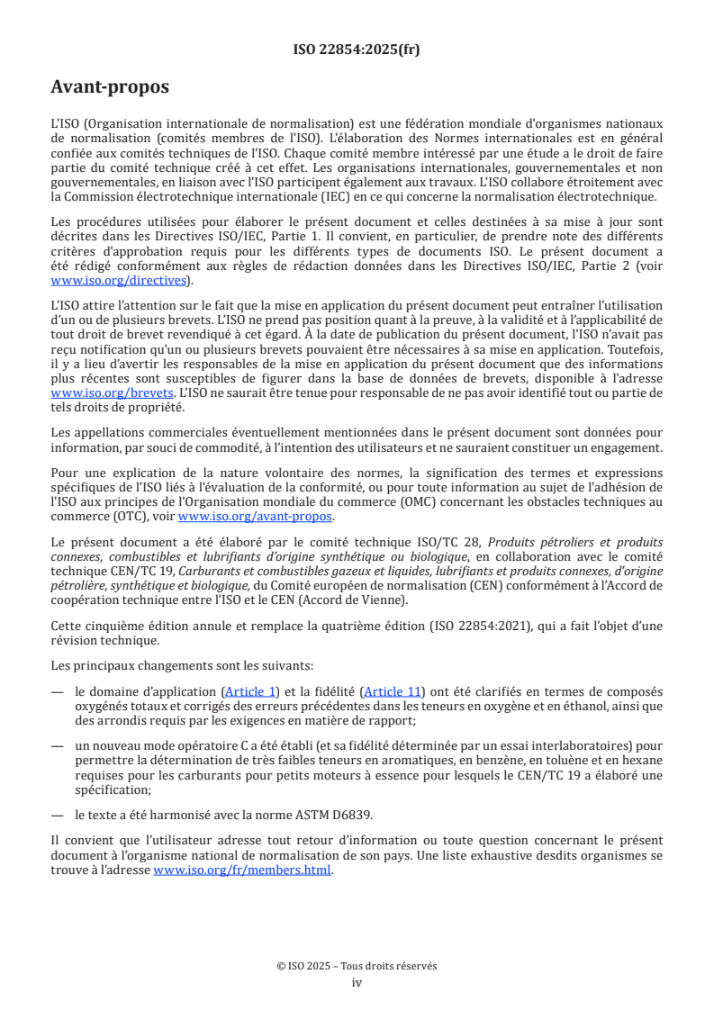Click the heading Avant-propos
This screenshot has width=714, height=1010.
click(x=110, y=87)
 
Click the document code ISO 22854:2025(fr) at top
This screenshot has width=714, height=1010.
click(x=357, y=50)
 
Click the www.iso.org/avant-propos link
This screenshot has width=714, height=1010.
click(x=256, y=516)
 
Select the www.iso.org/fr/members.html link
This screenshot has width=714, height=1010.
click(x=242, y=870)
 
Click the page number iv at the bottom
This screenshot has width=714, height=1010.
click(x=357, y=982)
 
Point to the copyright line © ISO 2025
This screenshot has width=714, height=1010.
click(x=357, y=966)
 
